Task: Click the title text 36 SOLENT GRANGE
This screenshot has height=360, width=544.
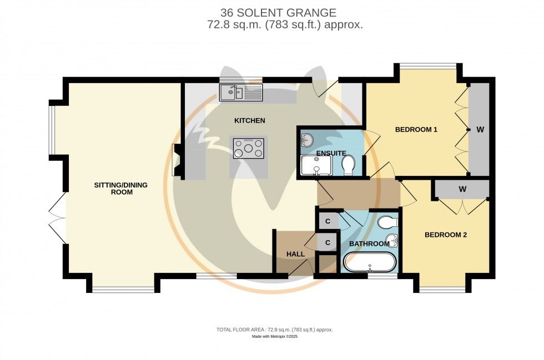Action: pos(278,12)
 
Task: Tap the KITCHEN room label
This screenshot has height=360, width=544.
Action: pos(249,120)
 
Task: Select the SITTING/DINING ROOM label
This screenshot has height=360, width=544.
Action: pos(120,189)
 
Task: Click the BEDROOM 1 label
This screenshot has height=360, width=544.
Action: pos(416,130)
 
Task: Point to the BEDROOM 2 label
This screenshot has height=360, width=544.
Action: pos(445,235)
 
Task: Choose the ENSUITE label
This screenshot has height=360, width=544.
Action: pos(331,153)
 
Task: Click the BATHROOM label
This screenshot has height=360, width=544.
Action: pos(369,244)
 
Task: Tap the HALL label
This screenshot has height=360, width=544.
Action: pos(295,254)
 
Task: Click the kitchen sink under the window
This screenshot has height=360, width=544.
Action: pos(241,93)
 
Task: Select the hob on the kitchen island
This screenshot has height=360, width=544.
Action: pos(248,149)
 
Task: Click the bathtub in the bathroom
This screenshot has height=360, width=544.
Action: pos(369,261)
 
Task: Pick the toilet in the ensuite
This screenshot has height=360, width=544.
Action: pos(349,165)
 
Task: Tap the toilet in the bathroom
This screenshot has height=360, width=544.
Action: pos(386,222)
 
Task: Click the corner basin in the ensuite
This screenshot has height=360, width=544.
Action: pos(306,139)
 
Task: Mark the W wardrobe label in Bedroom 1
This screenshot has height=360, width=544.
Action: pos(480,130)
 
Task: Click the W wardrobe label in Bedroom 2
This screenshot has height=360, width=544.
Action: pos(462,189)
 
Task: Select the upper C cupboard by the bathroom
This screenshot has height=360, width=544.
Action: pos(328,221)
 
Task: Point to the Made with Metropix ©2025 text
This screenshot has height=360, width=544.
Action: pos(275,337)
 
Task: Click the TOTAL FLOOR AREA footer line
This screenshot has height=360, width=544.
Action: pos(274,329)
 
